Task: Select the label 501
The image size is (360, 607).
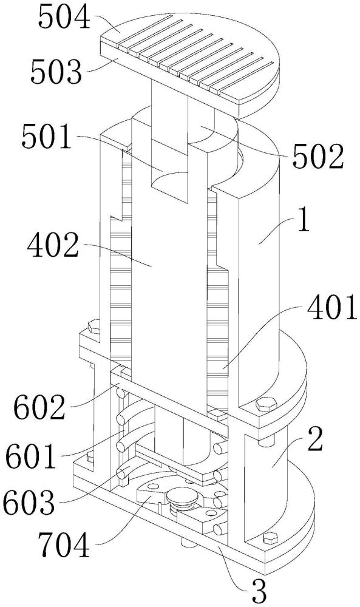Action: (47, 137)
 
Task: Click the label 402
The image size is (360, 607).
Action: (53, 246)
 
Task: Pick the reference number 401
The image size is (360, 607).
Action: (331, 307)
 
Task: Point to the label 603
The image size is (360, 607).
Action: (29, 501)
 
